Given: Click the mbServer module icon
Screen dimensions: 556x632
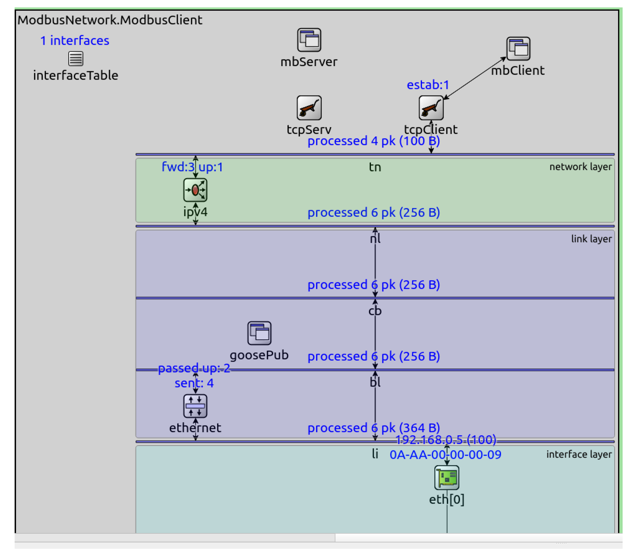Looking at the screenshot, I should [x=309, y=40].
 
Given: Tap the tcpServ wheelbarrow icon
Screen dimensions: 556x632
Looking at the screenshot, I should [x=309, y=108].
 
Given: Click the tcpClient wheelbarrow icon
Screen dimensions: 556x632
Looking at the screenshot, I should [x=431, y=108].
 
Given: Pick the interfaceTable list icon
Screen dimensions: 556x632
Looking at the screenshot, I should [x=76, y=59].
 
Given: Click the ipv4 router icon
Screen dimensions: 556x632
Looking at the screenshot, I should [x=195, y=190].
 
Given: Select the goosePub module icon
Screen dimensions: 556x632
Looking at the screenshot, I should [x=259, y=333].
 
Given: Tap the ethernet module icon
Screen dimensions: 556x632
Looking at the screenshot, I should [x=195, y=406].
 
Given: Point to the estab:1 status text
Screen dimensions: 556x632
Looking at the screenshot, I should [x=428, y=85].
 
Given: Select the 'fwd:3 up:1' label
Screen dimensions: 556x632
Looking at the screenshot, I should [x=192, y=167].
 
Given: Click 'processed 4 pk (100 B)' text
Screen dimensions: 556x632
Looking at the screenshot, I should [x=373, y=141].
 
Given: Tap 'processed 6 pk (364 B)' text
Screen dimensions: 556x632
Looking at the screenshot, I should [x=373, y=428].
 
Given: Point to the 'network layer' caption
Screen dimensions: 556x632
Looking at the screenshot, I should [x=580, y=167].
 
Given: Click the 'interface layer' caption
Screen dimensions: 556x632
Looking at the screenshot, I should [x=579, y=454].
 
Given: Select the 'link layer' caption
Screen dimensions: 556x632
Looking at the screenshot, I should [x=591, y=239].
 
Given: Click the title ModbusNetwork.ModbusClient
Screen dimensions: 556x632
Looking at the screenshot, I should [x=110, y=20].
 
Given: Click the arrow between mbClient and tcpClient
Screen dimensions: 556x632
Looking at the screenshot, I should [x=475, y=78].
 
